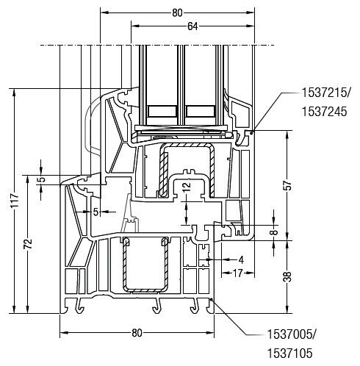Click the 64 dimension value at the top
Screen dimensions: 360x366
[x=192, y=26]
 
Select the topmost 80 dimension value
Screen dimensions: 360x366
[x=177, y=13]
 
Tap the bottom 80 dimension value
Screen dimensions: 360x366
[x=137, y=333]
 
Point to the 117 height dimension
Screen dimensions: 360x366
[x=15, y=201]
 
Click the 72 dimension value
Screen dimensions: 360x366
[x=29, y=243]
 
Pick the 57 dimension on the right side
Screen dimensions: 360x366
[x=289, y=185]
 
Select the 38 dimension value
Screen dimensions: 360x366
[x=289, y=277]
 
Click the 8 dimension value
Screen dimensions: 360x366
[x=275, y=232]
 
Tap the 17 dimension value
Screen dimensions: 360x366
[x=237, y=273]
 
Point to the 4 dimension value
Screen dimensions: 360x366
[x=241, y=260]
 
